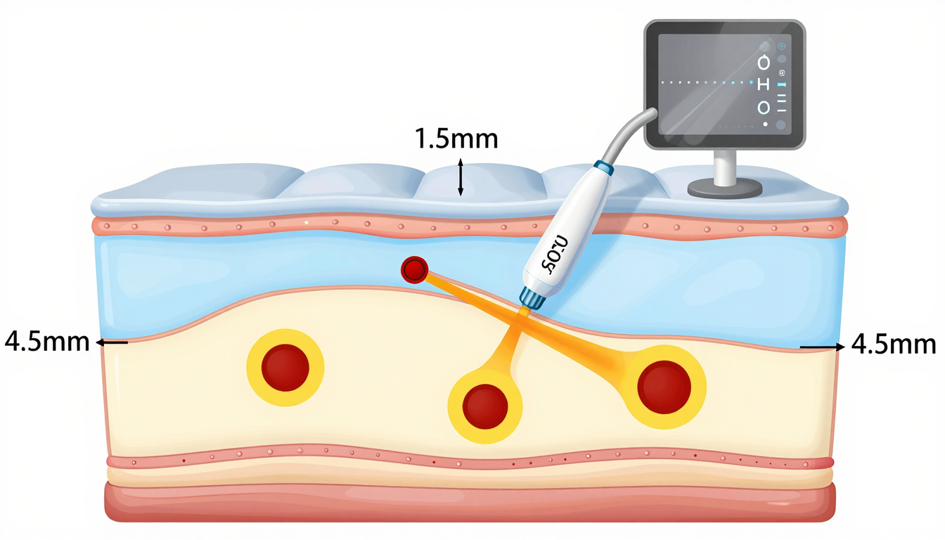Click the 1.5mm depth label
[x=456, y=139]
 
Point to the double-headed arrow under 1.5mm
[x=461, y=177]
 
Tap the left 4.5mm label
[x=47, y=342]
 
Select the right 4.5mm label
[x=894, y=345]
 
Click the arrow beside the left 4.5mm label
[x=112, y=342]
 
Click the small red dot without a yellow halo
[x=415, y=269]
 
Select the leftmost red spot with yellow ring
[x=285, y=367]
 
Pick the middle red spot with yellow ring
[x=485, y=406]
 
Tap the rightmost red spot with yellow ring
[x=664, y=387]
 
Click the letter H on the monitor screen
[x=764, y=84]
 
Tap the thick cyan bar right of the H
[x=782, y=84]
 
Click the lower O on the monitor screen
[x=764, y=108]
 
